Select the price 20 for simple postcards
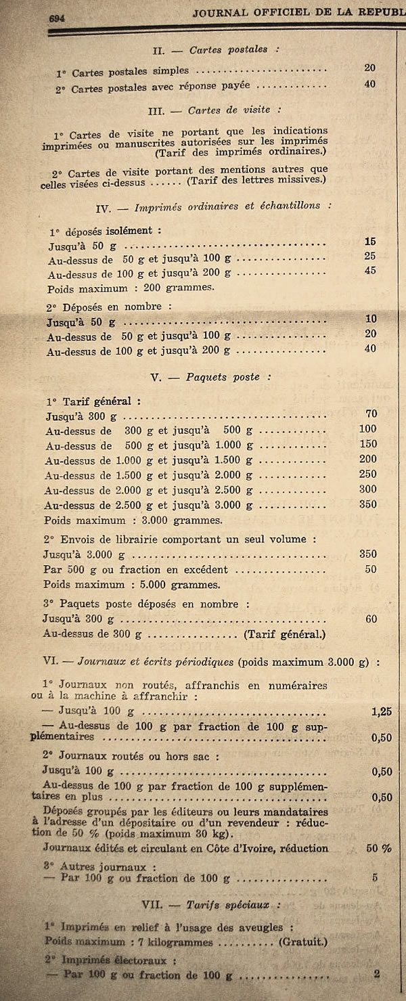(369, 68)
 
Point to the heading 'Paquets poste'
(223, 377)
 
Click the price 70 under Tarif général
(370, 414)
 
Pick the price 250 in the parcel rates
(367, 474)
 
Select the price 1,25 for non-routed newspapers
(382, 711)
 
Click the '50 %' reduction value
(379, 847)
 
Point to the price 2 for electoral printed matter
(376, 975)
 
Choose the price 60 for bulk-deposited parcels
(371, 619)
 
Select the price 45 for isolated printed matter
(369, 271)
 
